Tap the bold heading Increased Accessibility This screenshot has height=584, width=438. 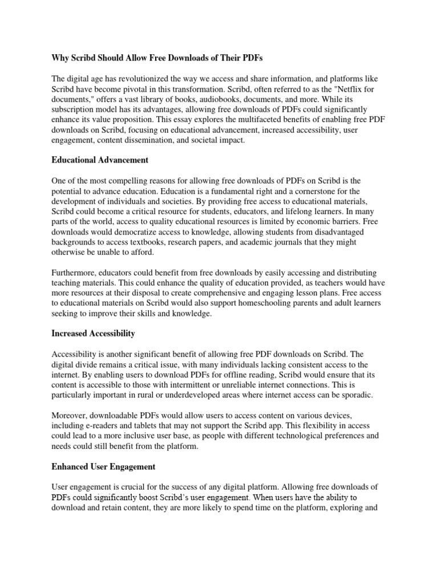93,332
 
